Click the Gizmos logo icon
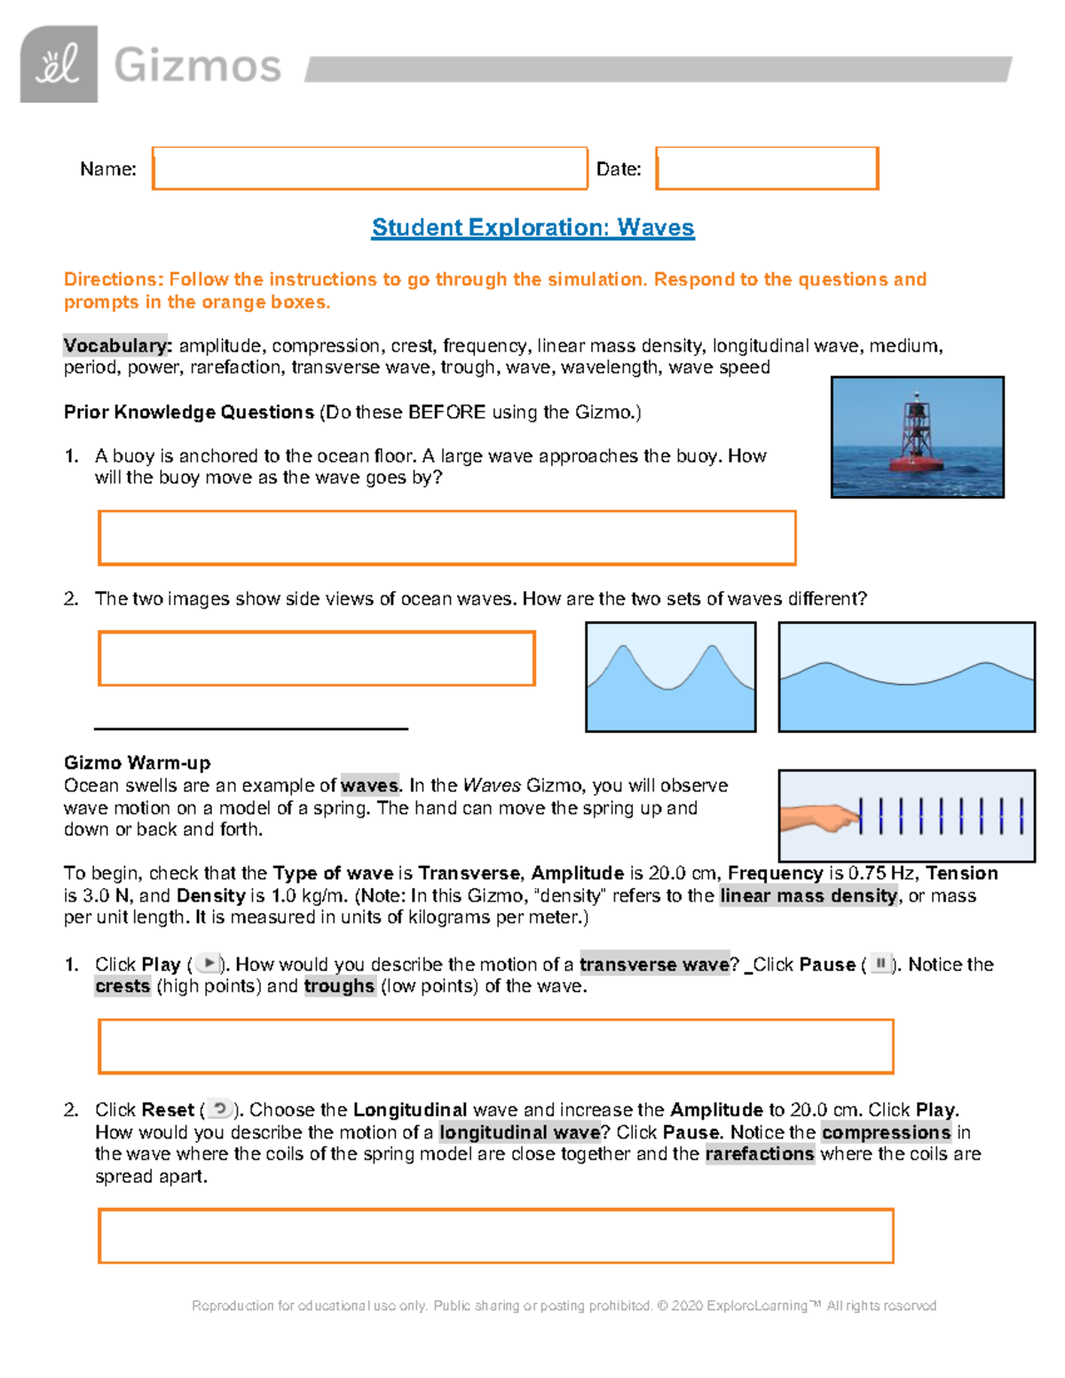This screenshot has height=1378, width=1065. pyautogui.click(x=59, y=65)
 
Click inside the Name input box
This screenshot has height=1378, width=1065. pyautogui.click(x=369, y=169)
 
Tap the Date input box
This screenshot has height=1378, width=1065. pyautogui.click(x=767, y=169)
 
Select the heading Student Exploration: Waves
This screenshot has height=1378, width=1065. pyautogui.click(x=532, y=228)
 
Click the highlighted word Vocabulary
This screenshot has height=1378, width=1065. pyautogui.click(x=117, y=346)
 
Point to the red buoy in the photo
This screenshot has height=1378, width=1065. pyautogui.click(x=916, y=444)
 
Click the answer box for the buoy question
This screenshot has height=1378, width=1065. pyautogui.click(x=446, y=538)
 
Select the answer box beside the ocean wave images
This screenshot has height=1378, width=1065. pyautogui.click(x=317, y=658)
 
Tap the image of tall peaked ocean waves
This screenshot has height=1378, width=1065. pyautogui.click(x=671, y=677)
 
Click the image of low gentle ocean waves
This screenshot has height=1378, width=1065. pyautogui.click(x=906, y=677)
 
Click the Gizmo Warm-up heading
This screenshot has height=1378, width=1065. pyautogui.click(x=137, y=763)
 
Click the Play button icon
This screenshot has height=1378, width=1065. pyautogui.click(x=208, y=964)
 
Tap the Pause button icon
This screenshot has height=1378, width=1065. pyautogui.click(x=880, y=964)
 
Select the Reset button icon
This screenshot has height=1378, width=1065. pyautogui.click(x=220, y=1109)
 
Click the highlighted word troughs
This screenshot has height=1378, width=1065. pyautogui.click(x=339, y=987)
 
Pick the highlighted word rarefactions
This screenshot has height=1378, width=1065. pyautogui.click(x=760, y=1154)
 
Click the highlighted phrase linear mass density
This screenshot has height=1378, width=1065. pyautogui.click(x=809, y=896)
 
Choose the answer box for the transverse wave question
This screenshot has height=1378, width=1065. pyautogui.click(x=495, y=1047)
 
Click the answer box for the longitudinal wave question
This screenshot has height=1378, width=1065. pyautogui.click(x=495, y=1236)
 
